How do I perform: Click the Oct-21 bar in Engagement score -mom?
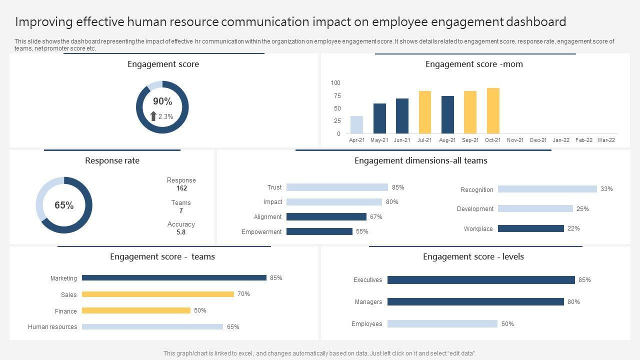[x=493, y=110]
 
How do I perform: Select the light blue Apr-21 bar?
[x=356, y=125]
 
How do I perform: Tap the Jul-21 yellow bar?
[x=425, y=112]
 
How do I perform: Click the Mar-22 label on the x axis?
[x=606, y=140]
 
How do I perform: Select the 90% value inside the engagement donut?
[x=162, y=101]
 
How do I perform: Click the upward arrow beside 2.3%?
[x=153, y=116]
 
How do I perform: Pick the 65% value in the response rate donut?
[x=64, y=205]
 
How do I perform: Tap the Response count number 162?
[x=181, y=188]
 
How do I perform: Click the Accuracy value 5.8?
[x=181, y=232]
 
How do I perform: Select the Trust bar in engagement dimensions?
[x=337, y=187]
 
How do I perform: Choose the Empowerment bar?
[x=319, y=231]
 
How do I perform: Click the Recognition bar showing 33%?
[x=547, y=189]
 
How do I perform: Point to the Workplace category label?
[x=478, y=229]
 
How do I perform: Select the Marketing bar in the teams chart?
[x=174, y=278]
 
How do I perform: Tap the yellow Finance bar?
[x=136, y=310]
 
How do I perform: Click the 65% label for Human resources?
[x=233, y=327]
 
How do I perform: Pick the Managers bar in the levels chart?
[x=475, y=302]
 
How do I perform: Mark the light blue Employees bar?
[x=442, y=324]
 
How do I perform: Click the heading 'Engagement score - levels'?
[x=473, y=256]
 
